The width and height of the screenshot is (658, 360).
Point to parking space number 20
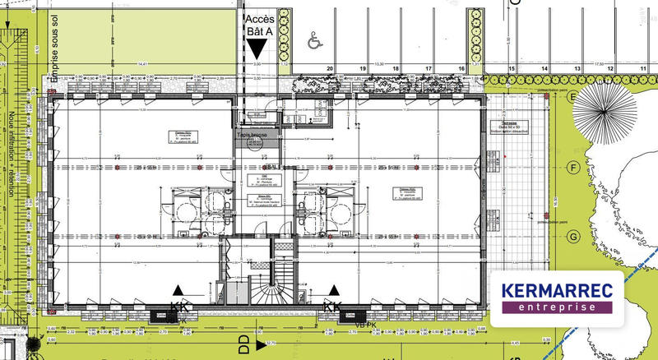(x=329, y=69)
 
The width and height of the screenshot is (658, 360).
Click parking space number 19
(x=363, y=69)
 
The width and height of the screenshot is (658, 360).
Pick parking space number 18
(x=396, y=69)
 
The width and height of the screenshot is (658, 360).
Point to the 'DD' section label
(x=243, y=339)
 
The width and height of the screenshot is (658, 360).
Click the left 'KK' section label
(x=178, y=306)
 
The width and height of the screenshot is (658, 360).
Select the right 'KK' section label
(x=332, y=306)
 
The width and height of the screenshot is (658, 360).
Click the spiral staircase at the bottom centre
(x=271, y=292)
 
